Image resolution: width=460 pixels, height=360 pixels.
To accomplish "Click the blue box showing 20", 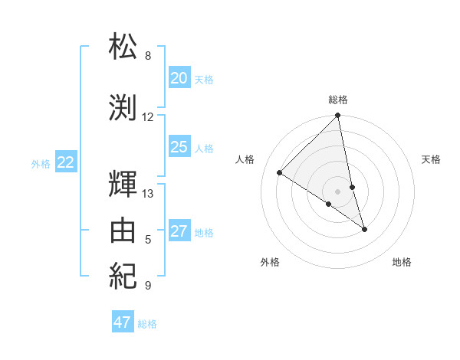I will (179, 78).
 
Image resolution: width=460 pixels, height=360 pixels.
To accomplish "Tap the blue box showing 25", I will (179, 147).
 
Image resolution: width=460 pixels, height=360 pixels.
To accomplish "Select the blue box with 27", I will (179, 231).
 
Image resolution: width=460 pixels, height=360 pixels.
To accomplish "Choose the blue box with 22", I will (66, 162).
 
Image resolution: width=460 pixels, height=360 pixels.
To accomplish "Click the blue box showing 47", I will (123, 322).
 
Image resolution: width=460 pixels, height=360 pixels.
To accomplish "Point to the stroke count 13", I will (148, 194).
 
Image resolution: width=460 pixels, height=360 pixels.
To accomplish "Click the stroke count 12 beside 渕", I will (148, 117).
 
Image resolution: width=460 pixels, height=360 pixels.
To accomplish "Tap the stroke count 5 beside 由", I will (148, 240).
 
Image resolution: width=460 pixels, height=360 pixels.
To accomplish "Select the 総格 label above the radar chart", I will (338, 100).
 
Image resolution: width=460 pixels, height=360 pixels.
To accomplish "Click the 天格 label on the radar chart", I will (431, 159).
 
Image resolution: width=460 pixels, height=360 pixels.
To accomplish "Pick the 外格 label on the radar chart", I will (270, 262).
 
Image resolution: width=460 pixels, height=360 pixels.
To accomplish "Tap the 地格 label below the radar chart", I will (402, 262).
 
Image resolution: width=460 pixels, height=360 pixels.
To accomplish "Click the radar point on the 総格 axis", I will (337, 116).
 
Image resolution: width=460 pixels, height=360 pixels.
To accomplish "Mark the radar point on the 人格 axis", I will (280, 173).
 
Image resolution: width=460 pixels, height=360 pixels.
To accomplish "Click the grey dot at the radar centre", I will (337, 191).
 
